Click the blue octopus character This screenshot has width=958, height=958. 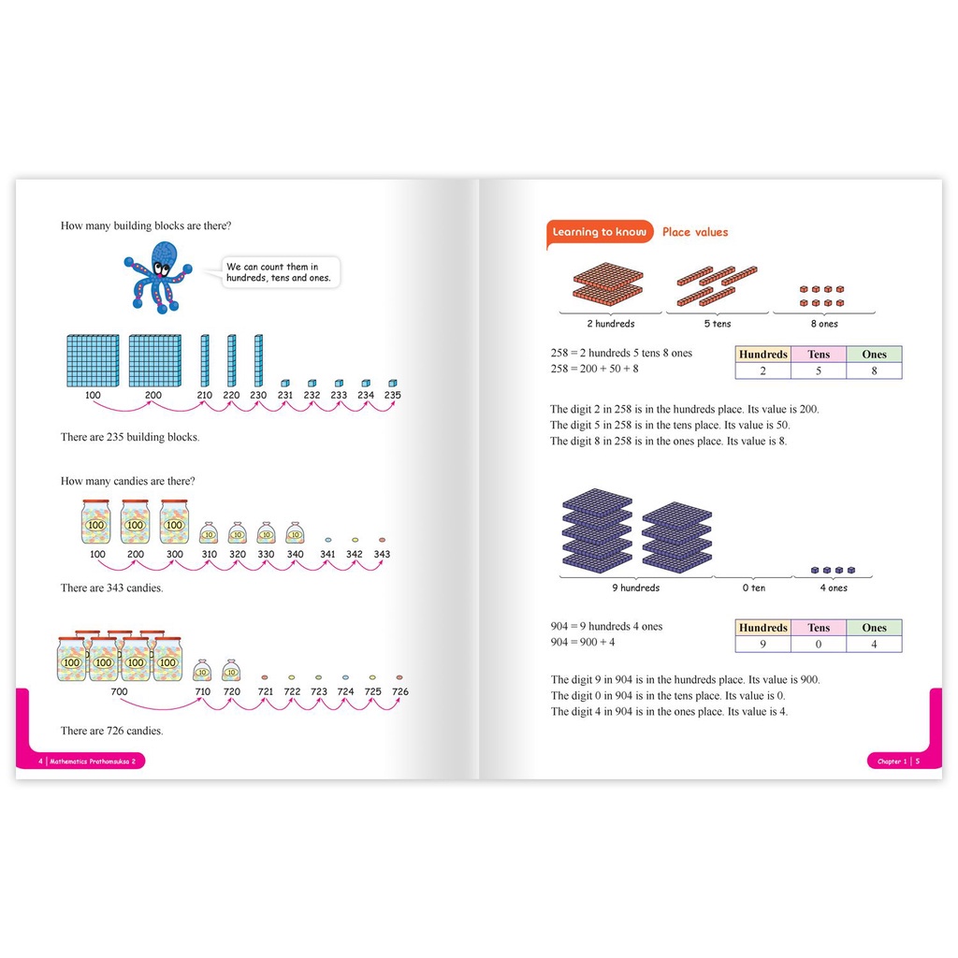(x=158, y=277)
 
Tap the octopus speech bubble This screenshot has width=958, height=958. (x=279, y=272)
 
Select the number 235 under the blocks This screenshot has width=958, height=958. (x=392, y=396)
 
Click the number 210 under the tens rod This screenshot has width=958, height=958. (x=205, y=396)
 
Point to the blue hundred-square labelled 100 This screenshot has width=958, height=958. (x=93, y=360)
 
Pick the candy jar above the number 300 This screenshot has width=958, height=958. (x=174, y=522)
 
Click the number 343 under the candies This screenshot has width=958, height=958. (x=382, y=554)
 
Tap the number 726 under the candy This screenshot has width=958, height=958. (x=400, y=691)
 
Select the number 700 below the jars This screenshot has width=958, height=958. (x=119, y=691)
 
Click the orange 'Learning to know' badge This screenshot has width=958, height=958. (x=600, y=232)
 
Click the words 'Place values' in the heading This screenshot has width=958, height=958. (x=695, y=232)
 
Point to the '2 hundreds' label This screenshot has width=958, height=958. (x=611, y=324)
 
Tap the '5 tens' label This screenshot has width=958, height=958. (x=718, y=324)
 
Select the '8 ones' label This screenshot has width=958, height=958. (x=824, y=324)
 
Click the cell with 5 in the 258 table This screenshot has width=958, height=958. (x=819, y=370)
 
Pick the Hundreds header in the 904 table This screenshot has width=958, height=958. (x=763, y=628)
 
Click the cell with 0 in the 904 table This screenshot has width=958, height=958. (x=819, y=644)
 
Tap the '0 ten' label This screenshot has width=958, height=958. (x=754, y=588)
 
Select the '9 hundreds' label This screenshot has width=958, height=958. (x=636, y=588)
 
